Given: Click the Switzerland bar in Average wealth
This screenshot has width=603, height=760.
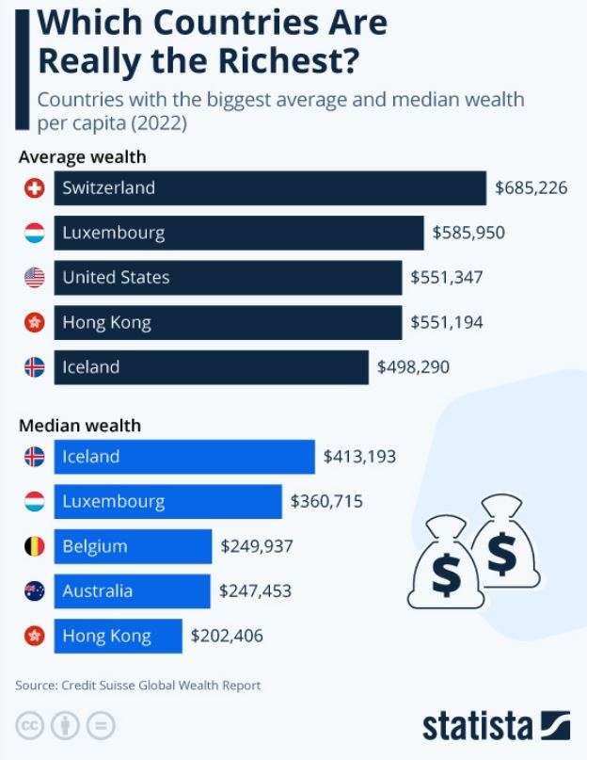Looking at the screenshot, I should pyautogui.click(x=270, y=187).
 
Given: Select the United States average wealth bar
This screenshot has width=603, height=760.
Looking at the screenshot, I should pyautogui.click(x=228, y=278).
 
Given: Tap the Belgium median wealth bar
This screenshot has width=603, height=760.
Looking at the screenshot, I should pyautogui.click(x=133, y=546).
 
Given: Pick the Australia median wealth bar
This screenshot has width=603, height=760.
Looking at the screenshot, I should pyautogui.click(x=132, y=591).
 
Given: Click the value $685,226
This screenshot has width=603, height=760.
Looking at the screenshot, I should pyautogui.click(x=532, y=187).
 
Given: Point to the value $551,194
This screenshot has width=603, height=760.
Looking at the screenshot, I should pyautogui.click(x=447, y=323).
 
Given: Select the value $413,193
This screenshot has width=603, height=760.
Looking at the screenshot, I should pyautogui.click(x=359, y=457).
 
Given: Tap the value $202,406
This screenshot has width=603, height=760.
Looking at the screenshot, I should pyautogui.click(x=227, y=637).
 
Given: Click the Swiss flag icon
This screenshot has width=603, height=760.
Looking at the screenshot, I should pyautogui.click(x=34, y=188).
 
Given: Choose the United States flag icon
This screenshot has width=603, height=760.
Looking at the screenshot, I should pyautogui.click(x=34, y=278).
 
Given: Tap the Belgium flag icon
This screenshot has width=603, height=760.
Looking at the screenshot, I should pyautogui.click(x=34, y=546).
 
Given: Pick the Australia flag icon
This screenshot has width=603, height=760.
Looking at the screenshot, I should pyautogui.click(x=34, y=591).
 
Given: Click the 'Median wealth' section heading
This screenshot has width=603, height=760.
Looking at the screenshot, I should pyautogui.click(x=80, y=426).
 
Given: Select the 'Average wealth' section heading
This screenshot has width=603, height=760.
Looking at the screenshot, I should pyautogui.click(x=82, y=157).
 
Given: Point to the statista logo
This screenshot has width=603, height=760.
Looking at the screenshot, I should pyautogui.click(x=496, y=727).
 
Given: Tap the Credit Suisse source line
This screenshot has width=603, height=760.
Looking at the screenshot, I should pyautogui.click(x=138, y=686).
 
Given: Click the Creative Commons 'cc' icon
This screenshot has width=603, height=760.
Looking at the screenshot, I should pyautogui.click(x=30, y=726).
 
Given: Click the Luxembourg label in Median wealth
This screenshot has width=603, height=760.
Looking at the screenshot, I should pyautogui.click(x=113, y=502).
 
